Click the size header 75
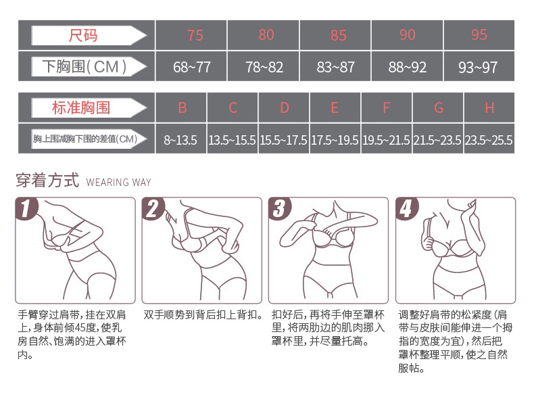point(195,35)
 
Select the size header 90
point(408,34)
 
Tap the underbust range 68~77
point(192,67)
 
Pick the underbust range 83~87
point(335,67)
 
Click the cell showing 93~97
point(478,67)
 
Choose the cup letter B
point(183,108)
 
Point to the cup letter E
point(335,108)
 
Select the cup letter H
point(490,108)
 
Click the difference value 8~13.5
point(180,140)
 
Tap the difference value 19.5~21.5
point(386,140)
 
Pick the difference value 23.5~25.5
point(489,140)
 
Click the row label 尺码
point(82,35)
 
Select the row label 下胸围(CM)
point(84,66)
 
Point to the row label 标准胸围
point(81,108)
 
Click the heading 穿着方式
point(47,181)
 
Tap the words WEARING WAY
point(118,183)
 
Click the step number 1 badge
point(26,208)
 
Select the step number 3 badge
point(280,208)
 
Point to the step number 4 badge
point(407,208)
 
